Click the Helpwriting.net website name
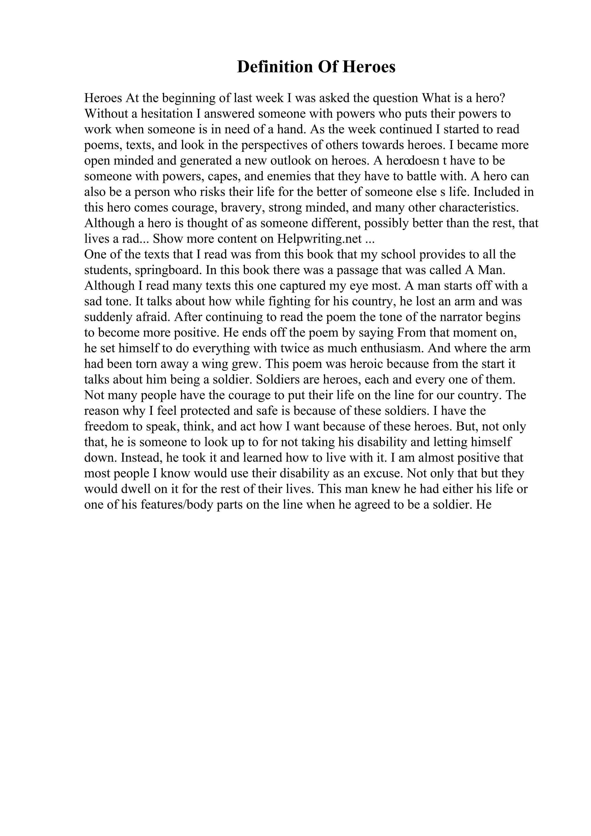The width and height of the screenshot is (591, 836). [x=319, y=239]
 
